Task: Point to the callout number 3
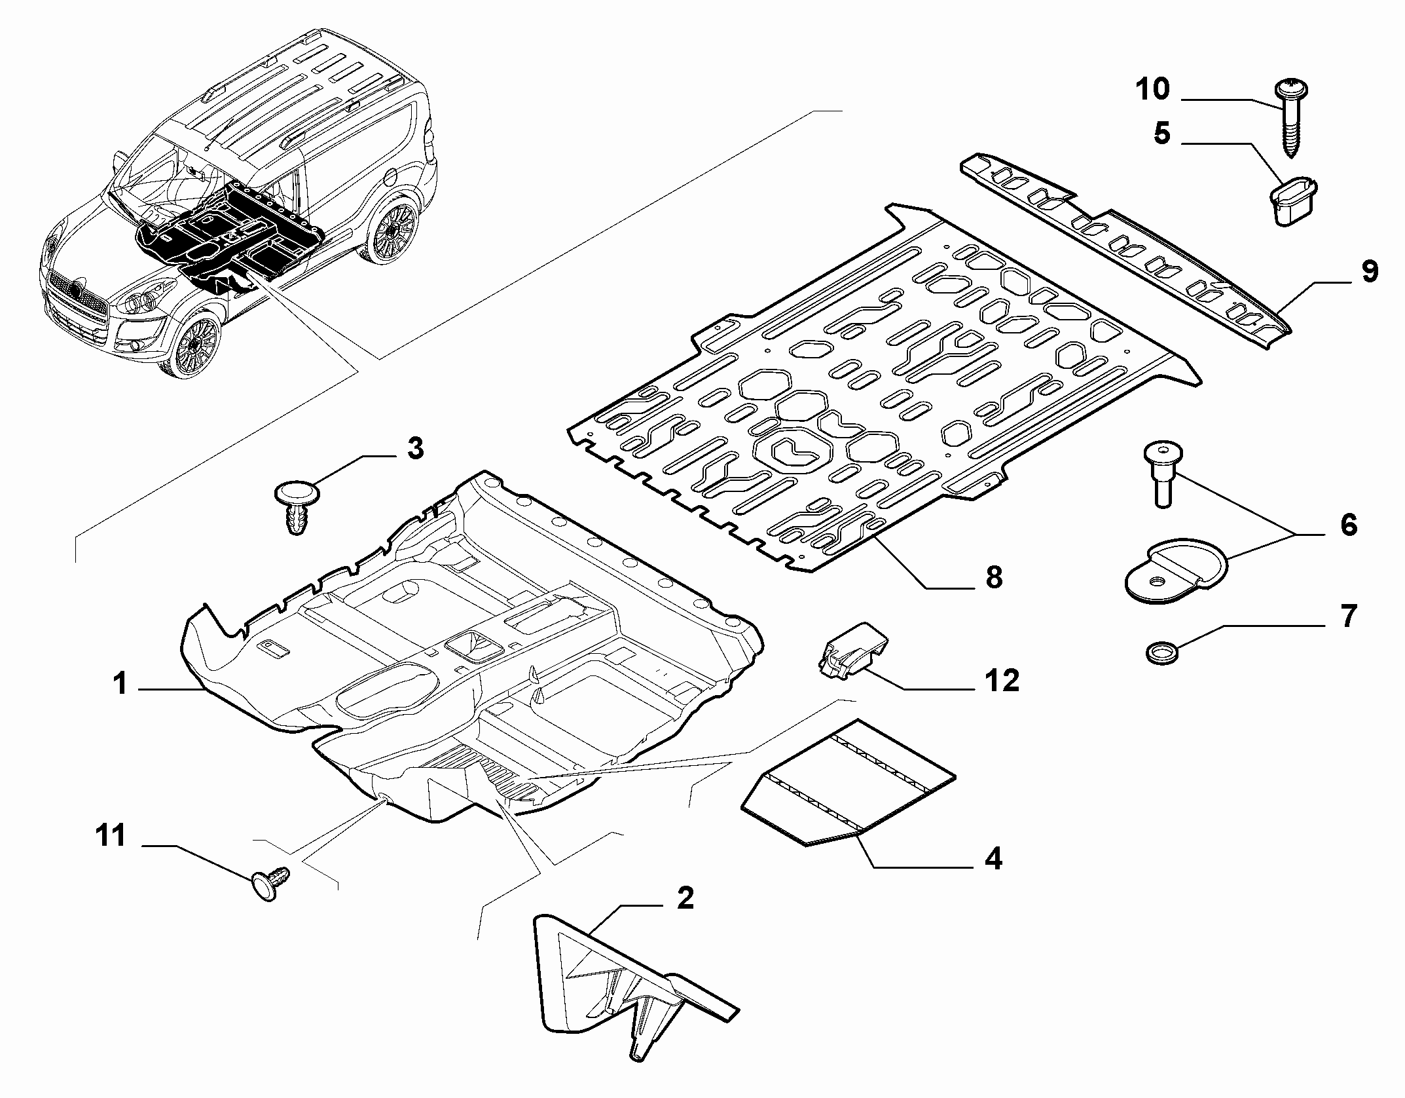[415, 449]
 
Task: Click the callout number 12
[1002, 682]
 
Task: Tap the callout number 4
[993, 858]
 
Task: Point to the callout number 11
[111, 837]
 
